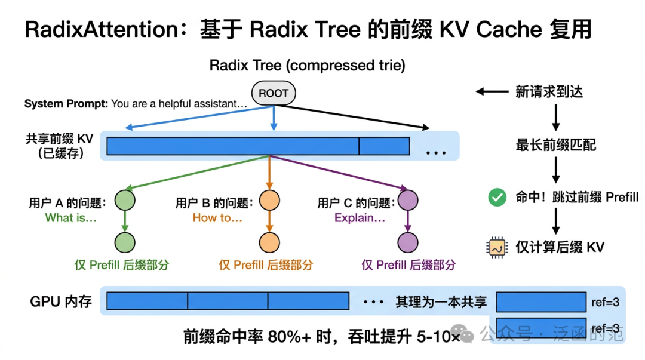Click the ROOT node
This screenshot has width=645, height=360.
(274, 93)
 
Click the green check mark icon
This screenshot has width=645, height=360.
(497, 198)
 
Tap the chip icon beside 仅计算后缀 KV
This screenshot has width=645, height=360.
(497, 247)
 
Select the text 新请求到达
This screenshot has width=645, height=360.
(549, 91)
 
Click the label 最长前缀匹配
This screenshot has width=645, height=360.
(555, 145)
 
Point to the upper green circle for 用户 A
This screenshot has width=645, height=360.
(125, 199)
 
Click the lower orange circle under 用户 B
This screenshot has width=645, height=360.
(269, 242)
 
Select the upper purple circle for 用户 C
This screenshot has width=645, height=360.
(408, 199)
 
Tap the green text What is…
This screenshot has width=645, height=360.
(71, 218)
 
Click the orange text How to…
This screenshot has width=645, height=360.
(217, 218)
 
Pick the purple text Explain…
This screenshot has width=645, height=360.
(360, 218)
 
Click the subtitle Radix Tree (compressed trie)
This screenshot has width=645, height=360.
(307, 66)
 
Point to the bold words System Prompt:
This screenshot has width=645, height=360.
(66, 104)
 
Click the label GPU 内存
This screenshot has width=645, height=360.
(61, 301)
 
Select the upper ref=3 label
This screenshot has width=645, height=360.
(604, 302)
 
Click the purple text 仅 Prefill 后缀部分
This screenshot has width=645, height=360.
(408, 265)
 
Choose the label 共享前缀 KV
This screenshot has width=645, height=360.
(59, 139)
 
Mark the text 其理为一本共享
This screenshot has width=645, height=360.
(441, 302)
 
